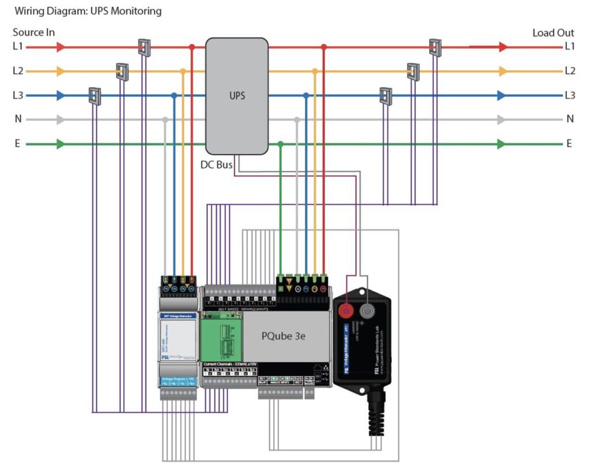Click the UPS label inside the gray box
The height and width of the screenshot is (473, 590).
pos(237,95)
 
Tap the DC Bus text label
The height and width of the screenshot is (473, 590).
pos(216,165)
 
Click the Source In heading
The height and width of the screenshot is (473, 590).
pos(34,32)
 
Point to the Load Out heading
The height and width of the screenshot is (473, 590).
pos(553,32)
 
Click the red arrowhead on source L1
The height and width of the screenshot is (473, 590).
pos(60,47)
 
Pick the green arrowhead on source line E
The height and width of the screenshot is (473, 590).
pos(60,144)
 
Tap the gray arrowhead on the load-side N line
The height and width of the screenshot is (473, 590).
pos(502,120)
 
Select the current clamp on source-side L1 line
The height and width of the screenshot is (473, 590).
pos(144,47)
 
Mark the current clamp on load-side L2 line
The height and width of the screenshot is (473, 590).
pos(413,71)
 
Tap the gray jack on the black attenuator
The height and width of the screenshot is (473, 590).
pos(367,312)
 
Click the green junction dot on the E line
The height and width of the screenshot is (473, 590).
pos(280,144)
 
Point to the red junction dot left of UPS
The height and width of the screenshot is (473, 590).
pos(192,47)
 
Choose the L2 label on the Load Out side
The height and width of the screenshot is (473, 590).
pos(569,71)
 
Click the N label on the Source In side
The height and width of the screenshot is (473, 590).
pos(17,120)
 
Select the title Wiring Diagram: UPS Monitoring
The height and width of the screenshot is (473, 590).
pos(88,11)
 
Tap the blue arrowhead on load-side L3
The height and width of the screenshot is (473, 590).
pos(502,96)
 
